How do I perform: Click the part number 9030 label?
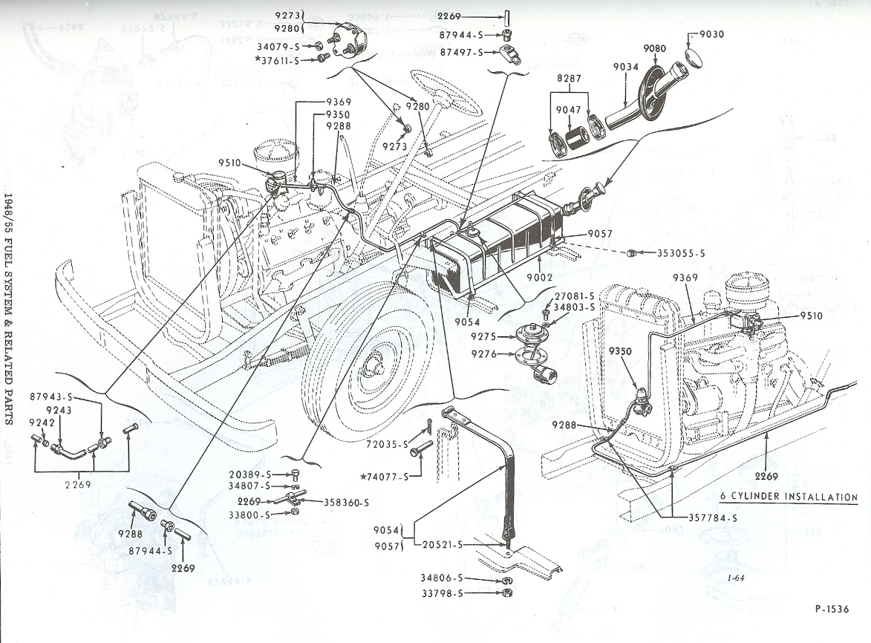pos(711,34)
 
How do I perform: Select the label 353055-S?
pos(680,253)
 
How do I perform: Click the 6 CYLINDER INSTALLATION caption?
pos(789,497)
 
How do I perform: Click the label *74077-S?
pos(385,476)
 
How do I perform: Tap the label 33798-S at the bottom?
pos(463,593)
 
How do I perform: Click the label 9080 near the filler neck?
pos(654,48)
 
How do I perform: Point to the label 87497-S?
pos(462,52)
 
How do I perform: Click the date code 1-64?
pos(736,578)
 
